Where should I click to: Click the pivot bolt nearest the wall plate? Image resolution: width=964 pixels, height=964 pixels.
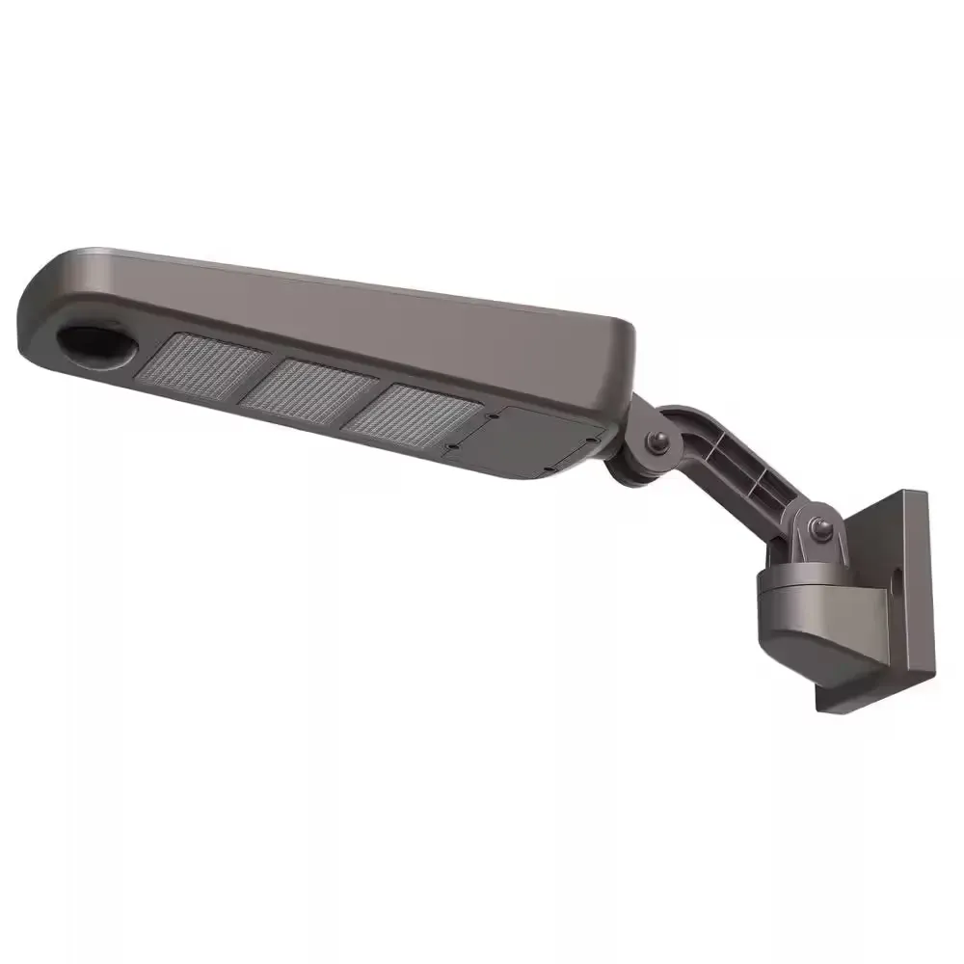click(x=822, y=526)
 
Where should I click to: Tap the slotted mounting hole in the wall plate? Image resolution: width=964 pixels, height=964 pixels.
click(x=898, y=582)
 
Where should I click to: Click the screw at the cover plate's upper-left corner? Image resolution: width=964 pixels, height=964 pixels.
click(x=491, y=416)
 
